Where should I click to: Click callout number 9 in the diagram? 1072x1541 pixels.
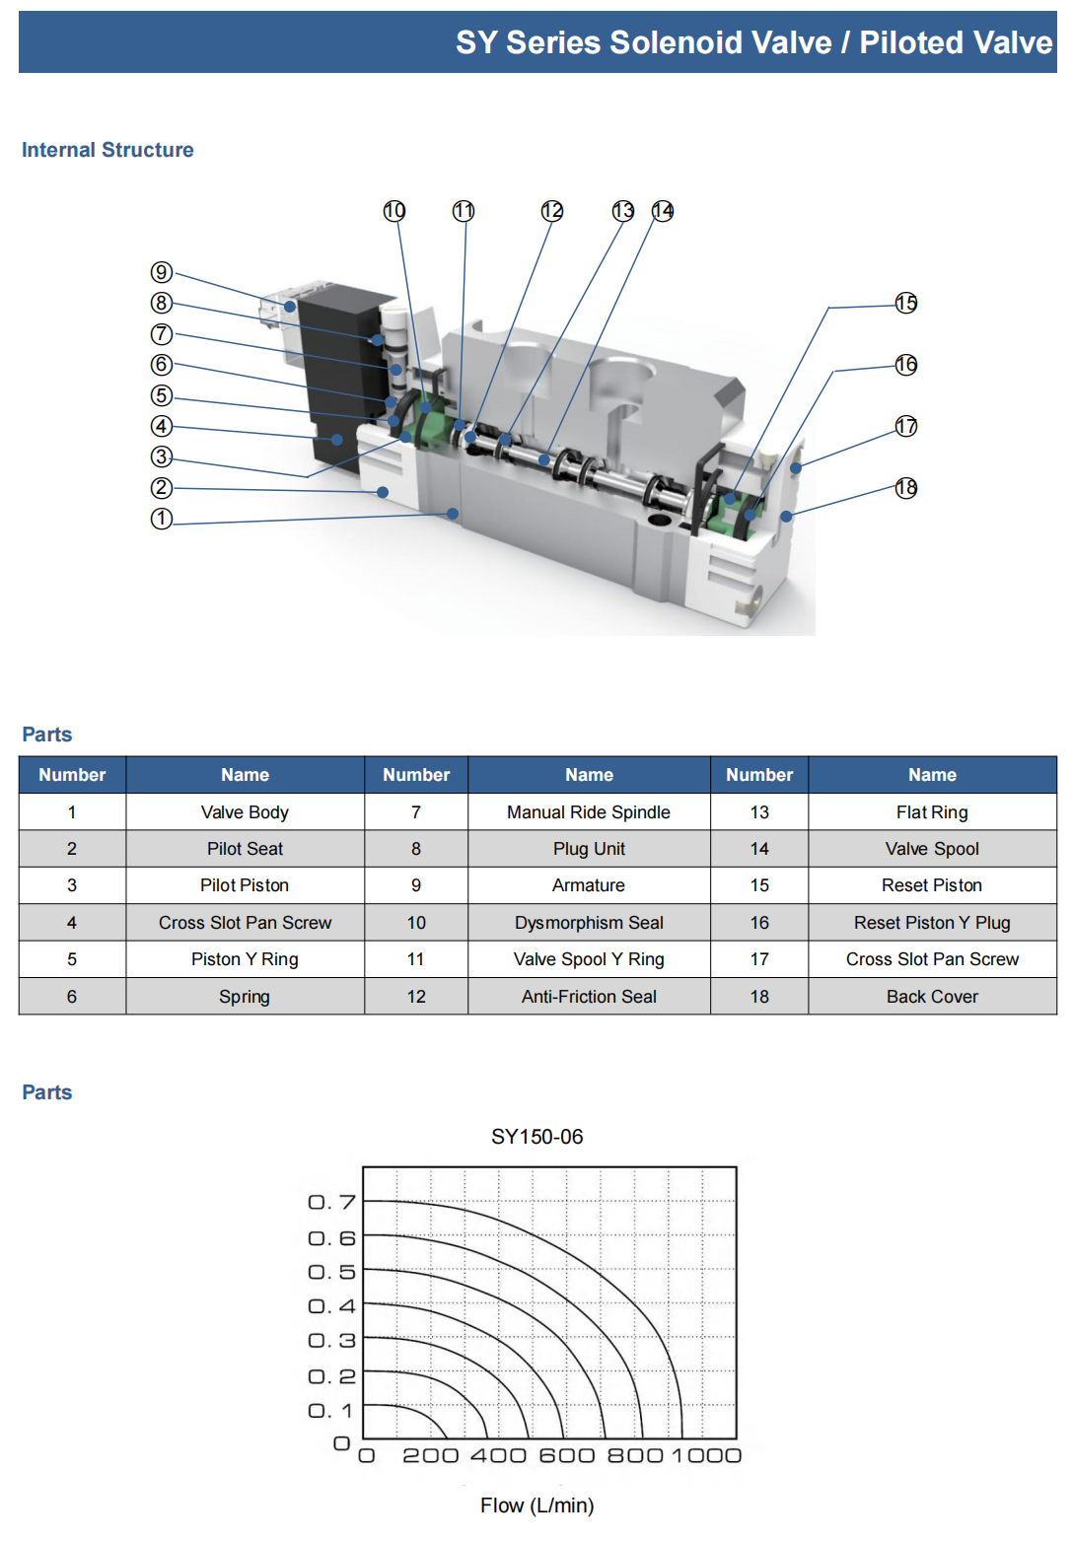coord(162,272)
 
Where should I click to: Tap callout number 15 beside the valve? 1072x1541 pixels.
coord(905,303)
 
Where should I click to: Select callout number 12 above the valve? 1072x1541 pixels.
coord(551,211)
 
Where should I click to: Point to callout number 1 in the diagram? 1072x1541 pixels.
coord(162,519)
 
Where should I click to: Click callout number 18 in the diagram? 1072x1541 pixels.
coord(905,488)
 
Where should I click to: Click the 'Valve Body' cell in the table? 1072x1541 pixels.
coord(245,812)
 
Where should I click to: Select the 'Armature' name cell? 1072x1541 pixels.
coord(589,885)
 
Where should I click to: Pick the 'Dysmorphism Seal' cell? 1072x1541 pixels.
coord(589,923)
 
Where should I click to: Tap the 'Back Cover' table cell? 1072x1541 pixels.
coord(932,997)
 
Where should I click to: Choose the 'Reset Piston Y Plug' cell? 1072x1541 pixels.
coord(932,923)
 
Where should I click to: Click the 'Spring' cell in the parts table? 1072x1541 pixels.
coord(245,997)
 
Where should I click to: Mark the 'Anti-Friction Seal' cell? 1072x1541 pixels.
coord(589,997)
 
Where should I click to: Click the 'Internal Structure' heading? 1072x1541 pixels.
coord(107,150)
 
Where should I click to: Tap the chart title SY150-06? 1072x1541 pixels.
coord(536,1137)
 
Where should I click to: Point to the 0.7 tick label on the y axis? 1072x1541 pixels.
coord(331,1202)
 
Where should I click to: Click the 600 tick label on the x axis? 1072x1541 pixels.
coord(567,1455)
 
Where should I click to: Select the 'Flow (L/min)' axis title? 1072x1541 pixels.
coord(536,1506)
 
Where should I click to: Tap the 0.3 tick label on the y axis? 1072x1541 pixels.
coord(331,1341)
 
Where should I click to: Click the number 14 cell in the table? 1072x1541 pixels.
coord(759,849)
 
